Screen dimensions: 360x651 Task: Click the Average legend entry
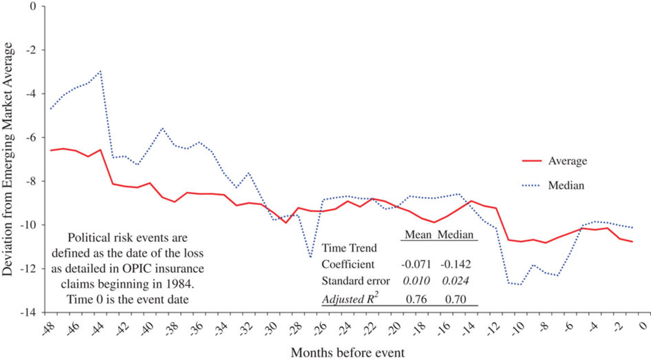pyautogui.click(x=567, y=161)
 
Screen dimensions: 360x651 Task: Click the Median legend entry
pyautogui.click(x=566, y=186)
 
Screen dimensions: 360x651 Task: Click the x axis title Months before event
pyautogui.click(x=348, y=352)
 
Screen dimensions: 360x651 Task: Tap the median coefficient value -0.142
pyautogui.click(x=455, y=265)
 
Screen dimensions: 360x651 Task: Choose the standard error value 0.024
pyautogui.click(x=455, y=281)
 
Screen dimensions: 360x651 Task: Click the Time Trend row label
pyautogui.click(x=349, y=249)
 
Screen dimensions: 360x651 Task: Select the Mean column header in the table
pyautogui.click(x=418, y=234)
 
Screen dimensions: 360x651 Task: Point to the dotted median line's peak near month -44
pyautogui.click(x=100, y=72)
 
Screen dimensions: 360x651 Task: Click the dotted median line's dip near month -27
pyautogui.click(x=310, y=257)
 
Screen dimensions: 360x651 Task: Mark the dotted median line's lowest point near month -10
pyautogui.click(x=520, y=284)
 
